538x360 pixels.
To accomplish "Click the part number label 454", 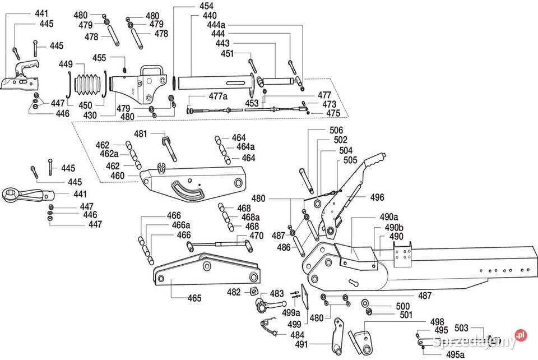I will coord(191,6).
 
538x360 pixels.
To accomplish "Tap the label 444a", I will coord(216,25).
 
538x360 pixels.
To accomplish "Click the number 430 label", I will coord(90,116).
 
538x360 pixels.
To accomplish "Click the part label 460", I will coord(118,176).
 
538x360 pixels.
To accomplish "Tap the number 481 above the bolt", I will coord(140,133).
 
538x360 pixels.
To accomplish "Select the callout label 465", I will coord(194,298).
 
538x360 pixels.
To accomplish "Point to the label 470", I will coord(256,236).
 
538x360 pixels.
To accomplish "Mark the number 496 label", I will coord(377,197).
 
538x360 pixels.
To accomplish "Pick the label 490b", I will coord(393,227).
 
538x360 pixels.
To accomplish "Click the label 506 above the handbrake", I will coord(336,130).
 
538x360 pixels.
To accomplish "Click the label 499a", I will coord(291,312).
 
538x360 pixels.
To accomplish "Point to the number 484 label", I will coord(297,335).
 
